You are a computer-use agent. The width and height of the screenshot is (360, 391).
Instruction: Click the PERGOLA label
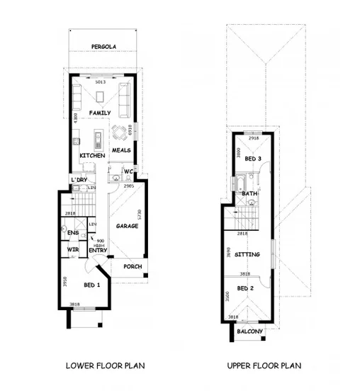coord(103,47)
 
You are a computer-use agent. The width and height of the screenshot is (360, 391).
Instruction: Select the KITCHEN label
coord(92,155)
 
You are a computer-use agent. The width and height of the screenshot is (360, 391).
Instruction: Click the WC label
coord(129,171)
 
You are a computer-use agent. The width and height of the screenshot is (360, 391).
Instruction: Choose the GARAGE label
coord(127,226)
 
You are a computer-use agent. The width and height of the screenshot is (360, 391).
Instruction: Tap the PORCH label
coord(133,267)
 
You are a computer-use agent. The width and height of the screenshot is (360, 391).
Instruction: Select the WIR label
coord(72,249)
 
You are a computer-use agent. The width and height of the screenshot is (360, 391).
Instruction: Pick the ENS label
coord(72,232)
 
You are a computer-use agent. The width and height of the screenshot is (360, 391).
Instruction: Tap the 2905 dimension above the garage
coord(129,185)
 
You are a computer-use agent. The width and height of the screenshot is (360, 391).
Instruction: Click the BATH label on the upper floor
coord(249,193)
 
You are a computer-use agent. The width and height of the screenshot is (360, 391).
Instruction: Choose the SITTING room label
coord(247,254)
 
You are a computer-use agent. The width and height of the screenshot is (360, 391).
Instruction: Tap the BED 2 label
coord(245,288)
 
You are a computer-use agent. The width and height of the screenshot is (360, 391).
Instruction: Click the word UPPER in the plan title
coord(242,365)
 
